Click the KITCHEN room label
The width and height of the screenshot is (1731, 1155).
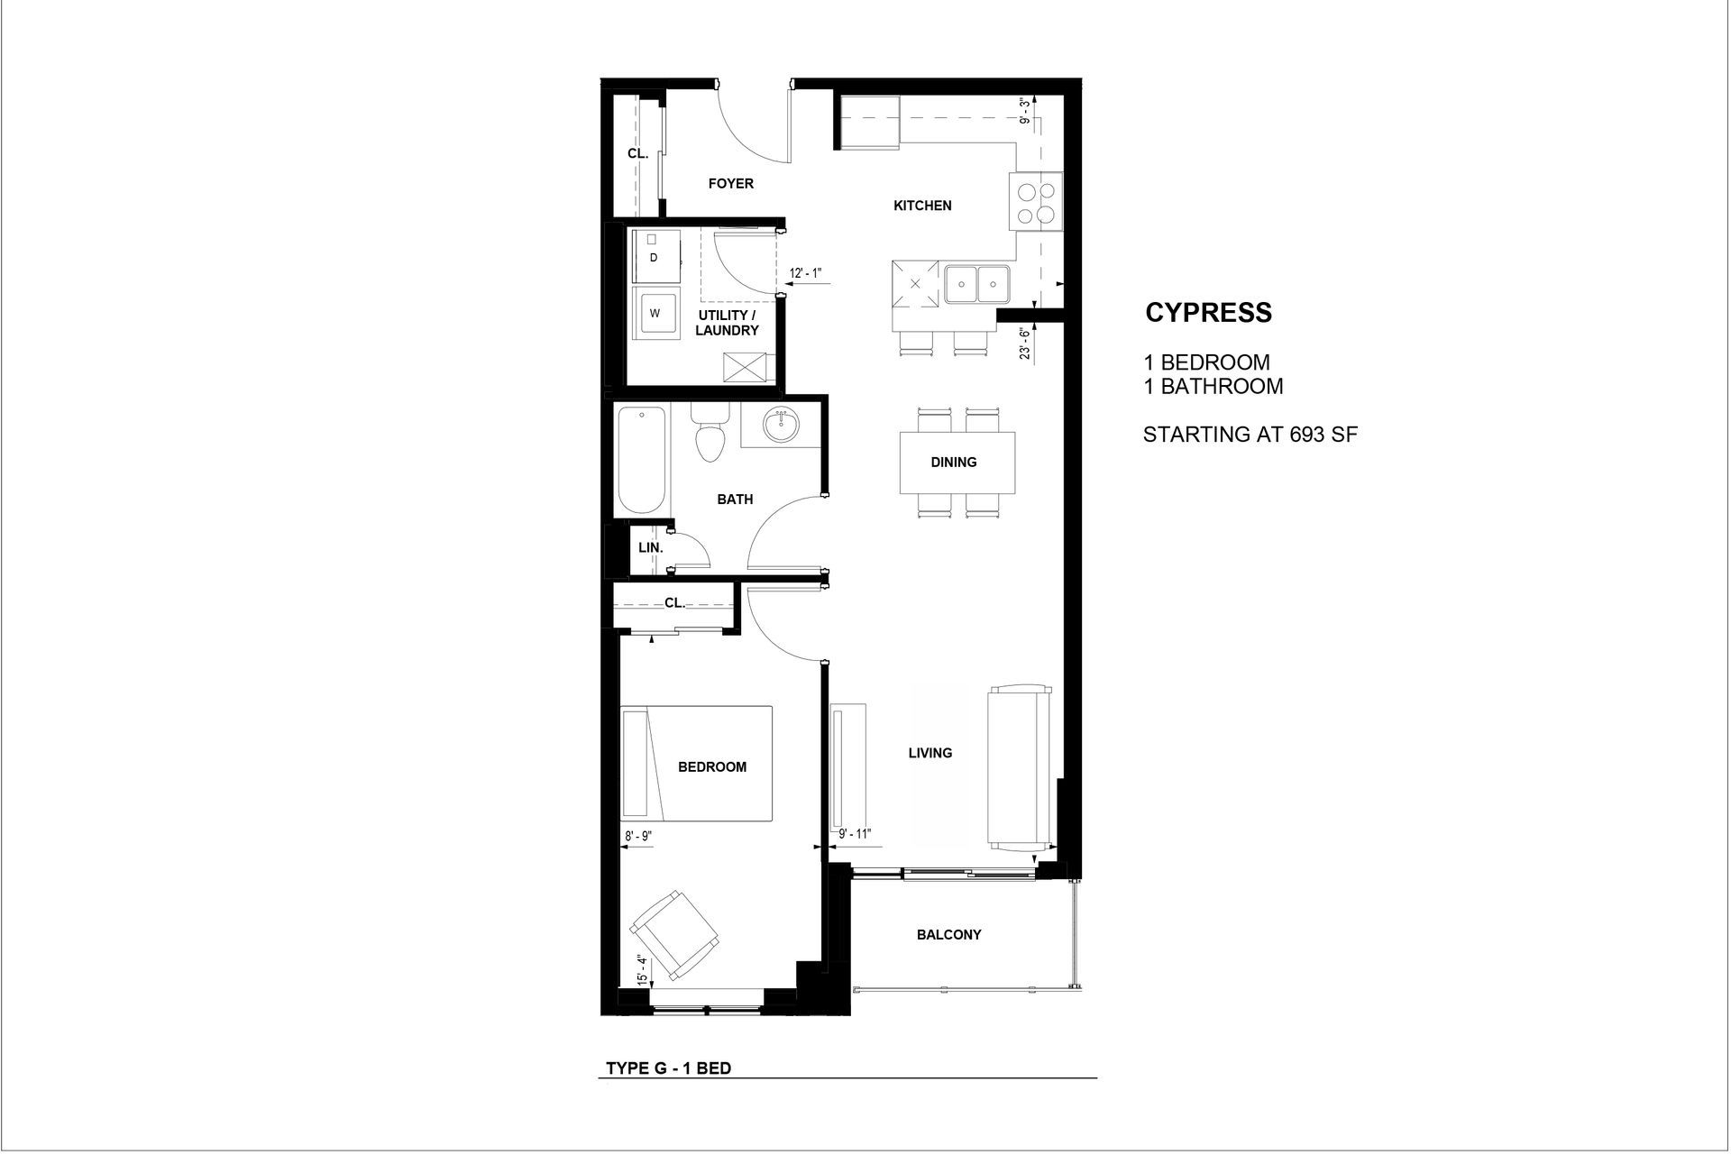(922, 206)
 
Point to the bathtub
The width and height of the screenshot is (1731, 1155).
(642, 460)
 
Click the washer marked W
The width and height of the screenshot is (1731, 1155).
(655, 314)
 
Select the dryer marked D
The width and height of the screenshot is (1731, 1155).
(655, 257)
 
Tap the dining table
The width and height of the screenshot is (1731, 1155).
(957, 463)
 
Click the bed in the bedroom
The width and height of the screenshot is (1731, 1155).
(697, 764)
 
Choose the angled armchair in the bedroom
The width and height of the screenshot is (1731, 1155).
(674, 934)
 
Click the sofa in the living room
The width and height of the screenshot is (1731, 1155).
(1021, 768)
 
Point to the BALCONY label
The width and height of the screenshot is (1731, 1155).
(948, 935)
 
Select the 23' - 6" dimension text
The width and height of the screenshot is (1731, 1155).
(1025, 343)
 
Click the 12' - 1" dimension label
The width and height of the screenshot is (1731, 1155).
(806, 273)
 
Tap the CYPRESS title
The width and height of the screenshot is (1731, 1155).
(1208, 313)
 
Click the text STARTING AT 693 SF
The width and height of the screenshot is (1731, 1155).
(1250, 435)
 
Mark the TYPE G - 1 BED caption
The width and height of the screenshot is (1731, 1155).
(668, 1069)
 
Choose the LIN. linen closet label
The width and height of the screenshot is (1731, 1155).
(650, 548)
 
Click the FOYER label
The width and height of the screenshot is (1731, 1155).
(730, 184)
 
